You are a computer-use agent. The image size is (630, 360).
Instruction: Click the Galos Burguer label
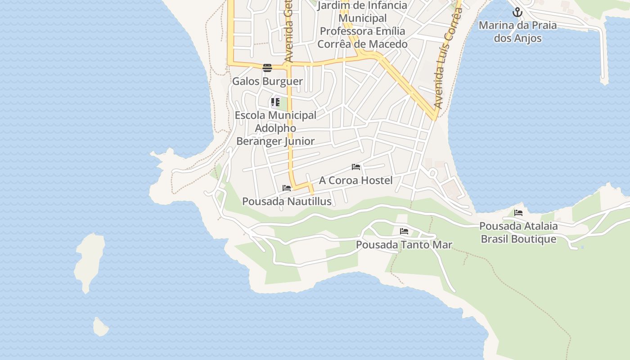(267, 81)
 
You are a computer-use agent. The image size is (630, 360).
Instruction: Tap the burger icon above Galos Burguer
(267, 68)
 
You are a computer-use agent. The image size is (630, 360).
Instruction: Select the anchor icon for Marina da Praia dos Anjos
(517, 12)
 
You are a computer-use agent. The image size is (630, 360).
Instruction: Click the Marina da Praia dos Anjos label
(517, 31)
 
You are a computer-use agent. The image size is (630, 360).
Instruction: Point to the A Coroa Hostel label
(355, 180)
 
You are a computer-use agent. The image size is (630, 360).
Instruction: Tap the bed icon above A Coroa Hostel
(356, 167)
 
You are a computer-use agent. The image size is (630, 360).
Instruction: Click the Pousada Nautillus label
(287, 202)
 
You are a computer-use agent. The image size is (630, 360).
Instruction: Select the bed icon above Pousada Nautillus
(287, 188)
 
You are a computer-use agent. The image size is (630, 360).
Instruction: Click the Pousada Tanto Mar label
(404, 245)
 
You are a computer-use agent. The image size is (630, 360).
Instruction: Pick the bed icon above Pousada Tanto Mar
(404, 231)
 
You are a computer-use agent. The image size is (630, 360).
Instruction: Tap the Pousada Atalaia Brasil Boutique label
(518, 233)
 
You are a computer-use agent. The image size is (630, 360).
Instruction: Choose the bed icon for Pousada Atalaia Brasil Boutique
(518, 213)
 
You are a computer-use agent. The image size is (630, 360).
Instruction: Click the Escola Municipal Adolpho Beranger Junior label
(275, 128)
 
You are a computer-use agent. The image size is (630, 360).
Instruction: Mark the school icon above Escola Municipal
(275, 102)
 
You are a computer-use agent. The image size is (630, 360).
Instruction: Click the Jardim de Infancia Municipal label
(362, 12)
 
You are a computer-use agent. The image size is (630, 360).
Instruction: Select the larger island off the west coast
(89, 261)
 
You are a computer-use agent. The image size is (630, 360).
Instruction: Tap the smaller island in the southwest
(101, 327)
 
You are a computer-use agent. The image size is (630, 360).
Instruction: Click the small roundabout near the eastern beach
(433, 172)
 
